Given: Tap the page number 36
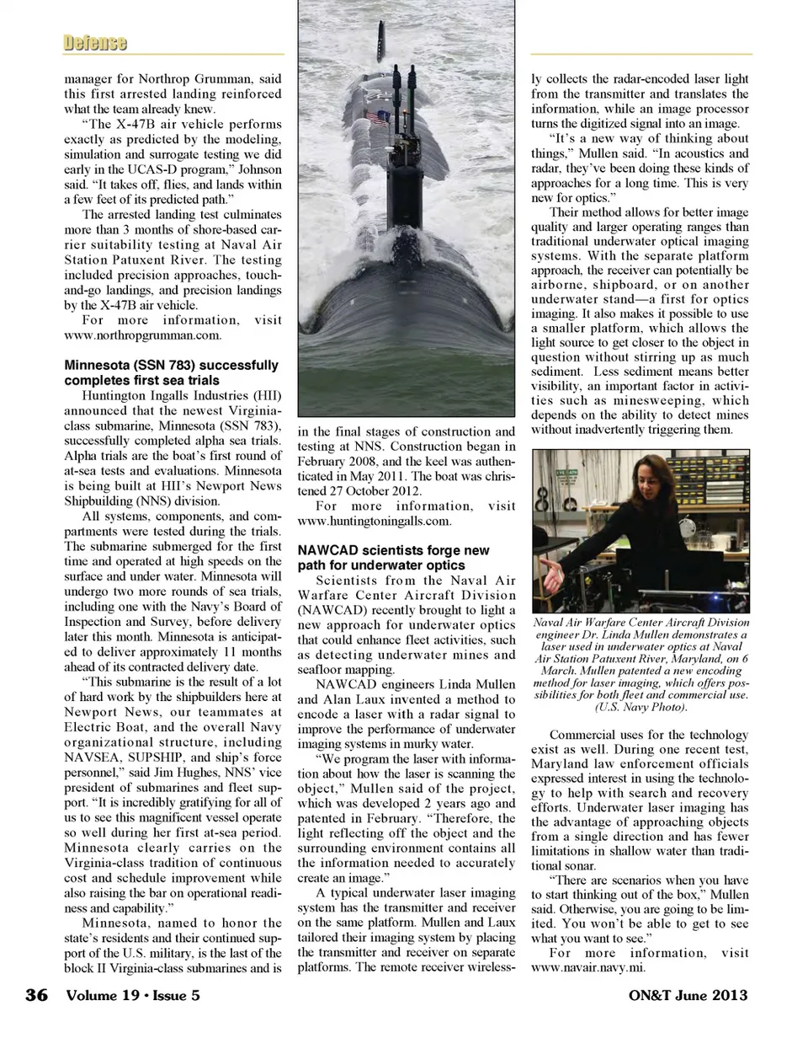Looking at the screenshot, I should click(37, 995).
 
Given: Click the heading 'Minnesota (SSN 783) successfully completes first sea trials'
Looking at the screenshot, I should click(171, 372).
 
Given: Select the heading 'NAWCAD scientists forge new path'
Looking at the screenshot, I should click(393, 558).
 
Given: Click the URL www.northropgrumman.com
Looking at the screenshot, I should click(142, 335).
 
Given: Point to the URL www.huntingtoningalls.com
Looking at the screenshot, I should click(374, 521).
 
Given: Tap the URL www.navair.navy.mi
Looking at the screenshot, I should click(587, 968).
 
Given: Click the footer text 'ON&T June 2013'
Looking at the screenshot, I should click(688, 995).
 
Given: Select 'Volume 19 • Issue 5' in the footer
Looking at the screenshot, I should click(133, 995).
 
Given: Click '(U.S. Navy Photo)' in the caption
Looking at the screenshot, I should click(641, 707).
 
